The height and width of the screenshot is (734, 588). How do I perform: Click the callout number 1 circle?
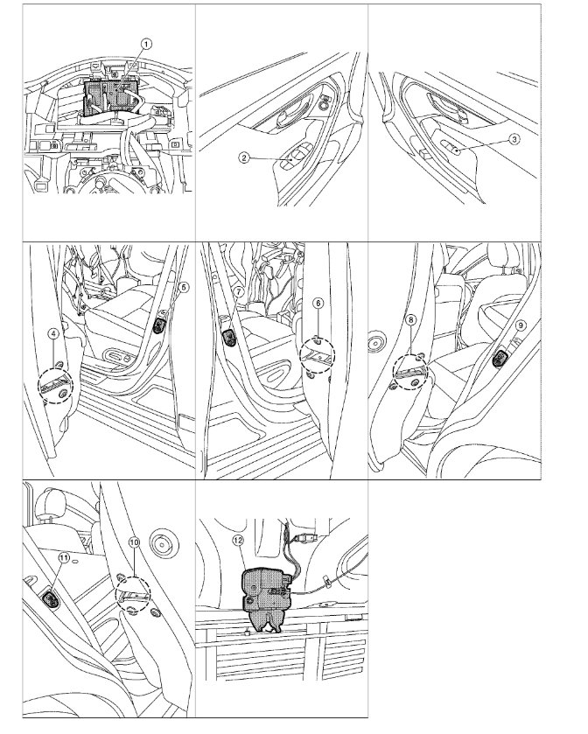pyautogui.click(x=147, y=45)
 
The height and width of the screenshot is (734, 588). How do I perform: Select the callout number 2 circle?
pyautogui.click(x=244, y=157)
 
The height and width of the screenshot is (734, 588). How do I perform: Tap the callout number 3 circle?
pyautogui.click(x=514, y=139)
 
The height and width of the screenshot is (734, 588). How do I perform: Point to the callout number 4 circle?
pyautogui.click(x=54, y=333)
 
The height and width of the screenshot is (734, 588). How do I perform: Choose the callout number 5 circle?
pyautogui.click(x=184, y=288)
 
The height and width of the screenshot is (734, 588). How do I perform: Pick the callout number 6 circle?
pyautogui.click(x=318, y=304)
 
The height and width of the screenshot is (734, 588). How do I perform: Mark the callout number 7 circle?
pyautogui.click(x=238, y=291)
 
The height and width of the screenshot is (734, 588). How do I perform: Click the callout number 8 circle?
pyautogui.click(x=410, y=319)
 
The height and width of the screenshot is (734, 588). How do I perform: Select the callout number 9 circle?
pyautogui.click(x=520, y=325)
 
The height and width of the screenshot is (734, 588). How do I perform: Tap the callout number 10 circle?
pyautogui.click(x=134, y=542)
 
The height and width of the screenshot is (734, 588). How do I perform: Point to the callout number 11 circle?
pyautogui.click(x=64, y=557)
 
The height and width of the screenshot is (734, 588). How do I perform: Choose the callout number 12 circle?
pyautogui.click(x=238, y=540)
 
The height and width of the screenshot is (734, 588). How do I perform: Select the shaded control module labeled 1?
pyautogui.click(x=110, y=97)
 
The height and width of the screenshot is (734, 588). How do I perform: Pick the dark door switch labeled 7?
pyautogui.click(x=230, y=337)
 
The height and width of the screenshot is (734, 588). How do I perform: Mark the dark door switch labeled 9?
pyautogui.click(x=500, y=360)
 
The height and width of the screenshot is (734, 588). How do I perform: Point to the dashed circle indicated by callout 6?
pyautogui.click(x=318, y=356)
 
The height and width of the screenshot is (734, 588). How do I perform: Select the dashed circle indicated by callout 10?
pyautogui.click(x=133, y=593)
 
